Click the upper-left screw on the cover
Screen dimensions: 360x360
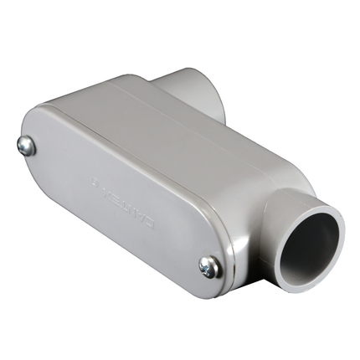(26, 147)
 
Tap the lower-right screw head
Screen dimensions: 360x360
(209, 267)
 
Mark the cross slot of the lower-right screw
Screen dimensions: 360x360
(209, 267)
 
